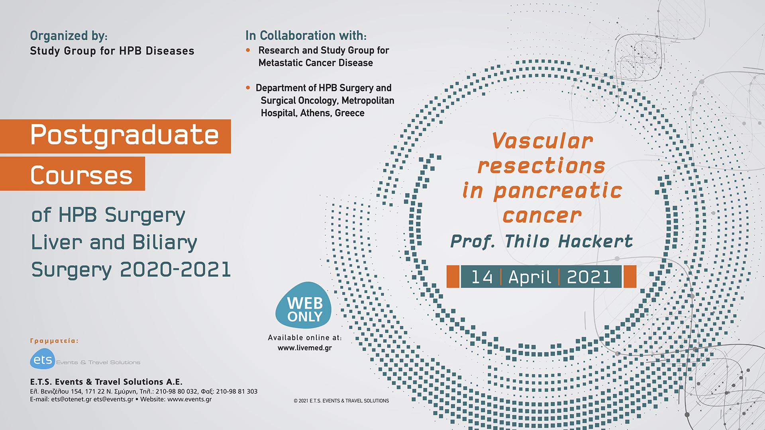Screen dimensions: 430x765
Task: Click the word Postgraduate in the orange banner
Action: click(124, 135)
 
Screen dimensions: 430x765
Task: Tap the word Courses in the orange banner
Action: click(81, 175)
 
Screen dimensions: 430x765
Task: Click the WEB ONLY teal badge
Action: click(304, 306)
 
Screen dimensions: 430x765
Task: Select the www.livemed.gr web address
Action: click(305, 348)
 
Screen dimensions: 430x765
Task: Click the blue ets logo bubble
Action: click(42, 360)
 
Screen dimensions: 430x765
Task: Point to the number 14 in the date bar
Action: click(482, 277)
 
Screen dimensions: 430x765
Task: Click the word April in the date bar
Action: click(530, 277)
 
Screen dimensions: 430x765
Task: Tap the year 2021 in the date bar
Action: click(589, 277)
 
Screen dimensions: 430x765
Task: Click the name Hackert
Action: click(595, 241)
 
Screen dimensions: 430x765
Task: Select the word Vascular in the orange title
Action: click(542, 141)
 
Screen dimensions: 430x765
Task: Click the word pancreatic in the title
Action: click(558, 191)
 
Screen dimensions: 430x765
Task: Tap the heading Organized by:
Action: click(69, 36)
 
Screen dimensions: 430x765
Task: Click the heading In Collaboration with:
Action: click(306, 36)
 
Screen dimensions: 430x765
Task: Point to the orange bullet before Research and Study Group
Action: click(248, 50)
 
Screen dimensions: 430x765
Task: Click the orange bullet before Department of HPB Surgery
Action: click(248, 88)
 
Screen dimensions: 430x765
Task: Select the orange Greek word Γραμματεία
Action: click(54, 341)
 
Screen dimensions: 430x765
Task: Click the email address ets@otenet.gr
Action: click(71, 399)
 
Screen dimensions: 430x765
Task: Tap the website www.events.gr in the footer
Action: click(189, 399)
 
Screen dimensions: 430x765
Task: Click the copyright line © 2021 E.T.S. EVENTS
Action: click(341, 401)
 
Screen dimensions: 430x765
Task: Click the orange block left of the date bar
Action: click(453, 277)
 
